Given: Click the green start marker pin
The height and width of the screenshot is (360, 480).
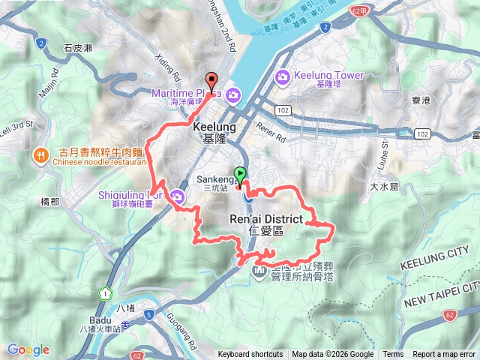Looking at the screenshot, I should (240, 175).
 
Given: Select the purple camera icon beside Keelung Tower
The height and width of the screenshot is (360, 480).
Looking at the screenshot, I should (283, 76).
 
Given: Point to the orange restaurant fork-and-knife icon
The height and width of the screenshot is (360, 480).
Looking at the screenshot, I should (39, 156).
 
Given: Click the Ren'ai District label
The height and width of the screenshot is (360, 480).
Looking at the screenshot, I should (265, 219).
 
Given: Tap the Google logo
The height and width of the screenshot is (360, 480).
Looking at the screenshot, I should (28, 349).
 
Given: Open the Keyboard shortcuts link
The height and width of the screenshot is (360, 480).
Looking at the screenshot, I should (250, 355).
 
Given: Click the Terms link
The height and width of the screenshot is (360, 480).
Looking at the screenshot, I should (393, 355).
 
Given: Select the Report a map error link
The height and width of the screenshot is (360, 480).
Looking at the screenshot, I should (445, 355).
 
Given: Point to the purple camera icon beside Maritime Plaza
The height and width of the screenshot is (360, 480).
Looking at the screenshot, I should (233, 94).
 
